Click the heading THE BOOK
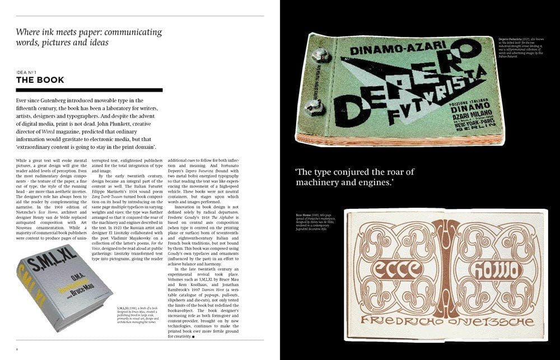(40, 80)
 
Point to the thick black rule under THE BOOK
(89, 90)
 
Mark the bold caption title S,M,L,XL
(125, 308)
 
